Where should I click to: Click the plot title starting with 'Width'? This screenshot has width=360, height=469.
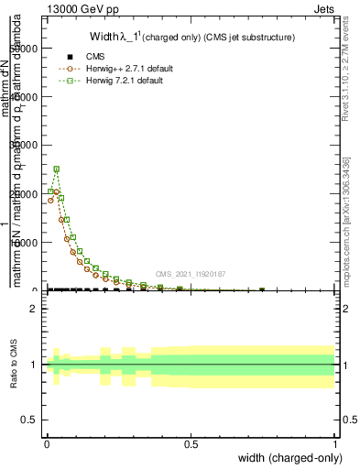tap(191, 38)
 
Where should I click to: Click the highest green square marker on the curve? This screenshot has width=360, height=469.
tap(56, 169)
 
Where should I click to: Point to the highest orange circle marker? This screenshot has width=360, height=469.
tap(56, 191)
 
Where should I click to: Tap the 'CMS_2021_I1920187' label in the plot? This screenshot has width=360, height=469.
tap(190, 273)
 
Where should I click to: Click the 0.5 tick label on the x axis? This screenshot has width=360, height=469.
tap(191, 443)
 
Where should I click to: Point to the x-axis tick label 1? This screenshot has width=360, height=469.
tap(334, 443)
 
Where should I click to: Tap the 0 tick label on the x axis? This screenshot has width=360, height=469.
tap(47, 443)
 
